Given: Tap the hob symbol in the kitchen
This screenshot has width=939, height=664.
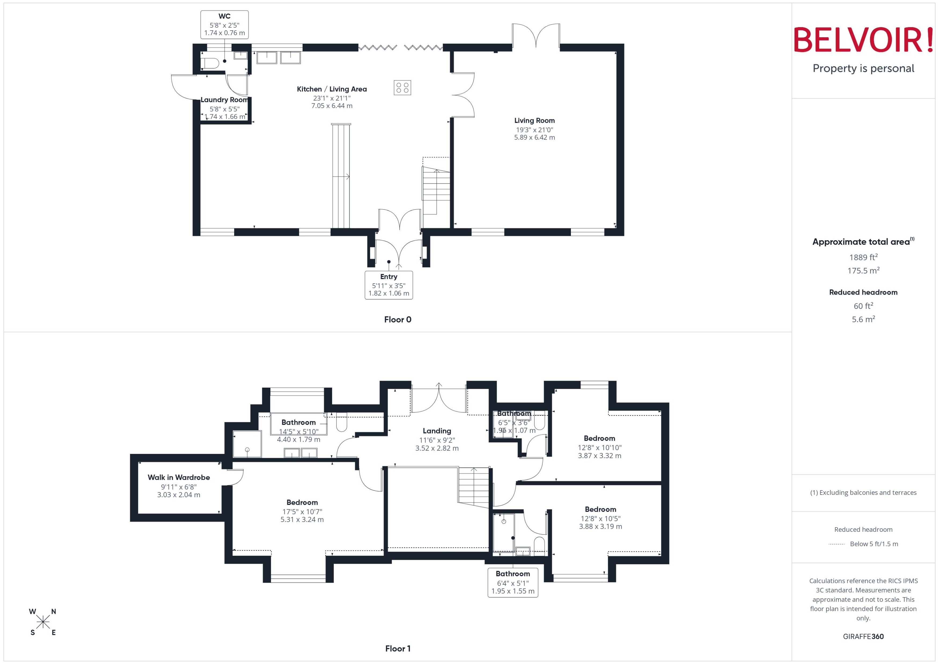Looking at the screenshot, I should pyautogui.click(x=402, y=87).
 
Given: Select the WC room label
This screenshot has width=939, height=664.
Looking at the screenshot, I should pyautogui.click(x=224, y=16).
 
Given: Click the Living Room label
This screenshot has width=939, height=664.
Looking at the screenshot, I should pyautogui.click(x=534, y=121).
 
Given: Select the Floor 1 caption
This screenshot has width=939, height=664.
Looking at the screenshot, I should pyautogui.click(x=397, y=648).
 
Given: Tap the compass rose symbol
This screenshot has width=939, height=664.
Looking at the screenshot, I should pyautogui.click(x=43, y=622).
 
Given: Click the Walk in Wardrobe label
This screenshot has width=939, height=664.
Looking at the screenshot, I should pyautogui.click(x=178, y=477).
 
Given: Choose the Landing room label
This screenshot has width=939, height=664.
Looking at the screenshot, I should pyautogui.click(x=437, y=431).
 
